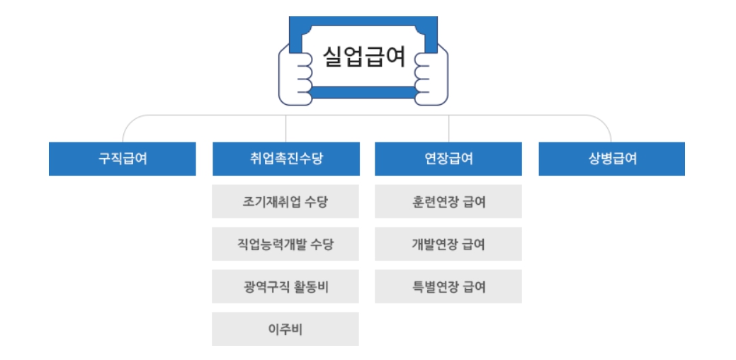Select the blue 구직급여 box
coord(123,159)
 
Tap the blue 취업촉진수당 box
coord(285,159)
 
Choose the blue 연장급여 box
coord(448,159)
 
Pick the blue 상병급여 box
coord(612,159)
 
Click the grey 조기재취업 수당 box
coord(285,202)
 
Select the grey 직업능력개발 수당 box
coord(285,244)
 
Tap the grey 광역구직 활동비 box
coord(285,287)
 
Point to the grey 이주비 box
coord(285,330)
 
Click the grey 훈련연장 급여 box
coord(448,202)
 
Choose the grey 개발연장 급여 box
coord(448,244)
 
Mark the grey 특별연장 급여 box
coord(448,287)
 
